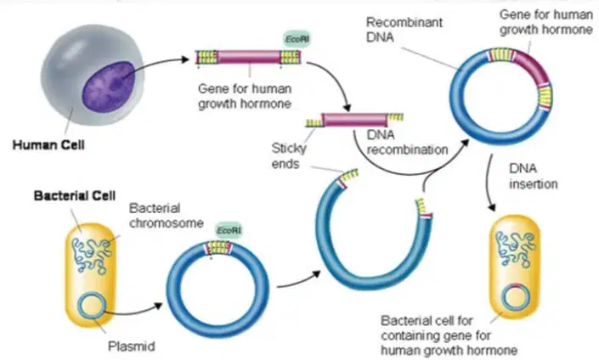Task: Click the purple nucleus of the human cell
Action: [109, 86]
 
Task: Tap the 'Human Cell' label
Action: [48, 145]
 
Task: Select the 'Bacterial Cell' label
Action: [75, 196]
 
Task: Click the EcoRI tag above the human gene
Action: [297, 39]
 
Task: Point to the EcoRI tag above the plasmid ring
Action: [229, 231]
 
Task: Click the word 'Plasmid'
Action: [132, 346]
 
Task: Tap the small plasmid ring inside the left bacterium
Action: [92, 304]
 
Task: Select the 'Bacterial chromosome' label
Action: [167, 216]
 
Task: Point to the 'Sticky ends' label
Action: [289, 155]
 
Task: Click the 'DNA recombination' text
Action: [407, 143]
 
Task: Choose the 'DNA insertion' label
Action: [534, 177]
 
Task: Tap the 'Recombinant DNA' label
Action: [404, 30]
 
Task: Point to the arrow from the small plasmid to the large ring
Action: [133, 311]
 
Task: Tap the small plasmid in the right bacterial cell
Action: [516, 296]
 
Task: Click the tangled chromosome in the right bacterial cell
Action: [516, 248]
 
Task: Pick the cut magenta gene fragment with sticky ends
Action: [354, 120]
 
